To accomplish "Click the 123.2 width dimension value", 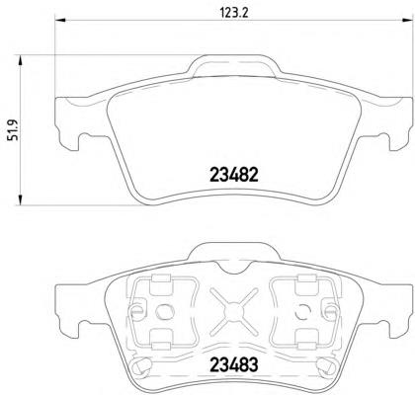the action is (234, 13).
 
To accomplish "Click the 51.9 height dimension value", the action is (14, 130).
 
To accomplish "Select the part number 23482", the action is (234, 176).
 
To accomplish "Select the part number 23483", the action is (234, 364).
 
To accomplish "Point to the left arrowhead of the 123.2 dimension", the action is (60, 20).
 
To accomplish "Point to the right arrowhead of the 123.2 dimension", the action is (407, 20).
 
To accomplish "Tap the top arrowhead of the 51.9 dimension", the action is (20, 61).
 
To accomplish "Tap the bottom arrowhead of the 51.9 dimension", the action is (20, 199).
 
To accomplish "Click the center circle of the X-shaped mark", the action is (233, 310).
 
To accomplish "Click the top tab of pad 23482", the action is (234, 66).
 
